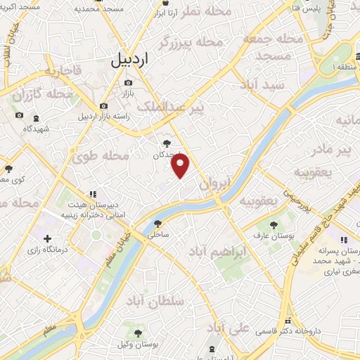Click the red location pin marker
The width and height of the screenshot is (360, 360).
[181, 166]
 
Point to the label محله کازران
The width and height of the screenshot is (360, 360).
[51, 94]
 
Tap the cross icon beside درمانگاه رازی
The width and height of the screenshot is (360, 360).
[47, 239]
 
